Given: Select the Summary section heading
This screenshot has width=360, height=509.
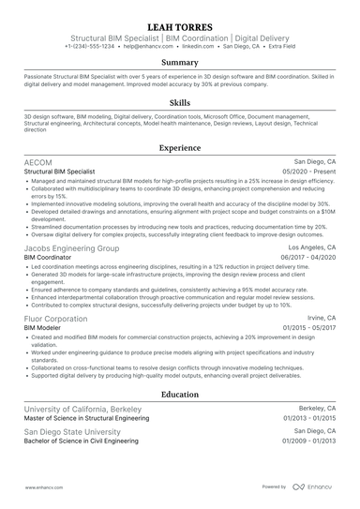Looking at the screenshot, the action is (x=179, y=62).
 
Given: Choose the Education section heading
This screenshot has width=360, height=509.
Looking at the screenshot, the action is (x=179, y=395).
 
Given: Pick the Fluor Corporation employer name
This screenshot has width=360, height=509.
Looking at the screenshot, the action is (x=57, y=317).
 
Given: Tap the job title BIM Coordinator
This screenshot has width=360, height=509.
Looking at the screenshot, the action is (x=49, y=258).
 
